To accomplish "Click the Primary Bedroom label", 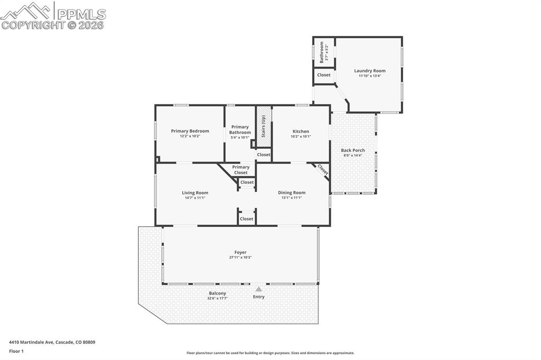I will coord(190,131).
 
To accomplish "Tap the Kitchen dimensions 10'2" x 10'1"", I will coord(301,137).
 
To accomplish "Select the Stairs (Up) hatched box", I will coord(264,127).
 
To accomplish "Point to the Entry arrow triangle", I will coord(258,289).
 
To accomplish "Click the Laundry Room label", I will coord(369,71).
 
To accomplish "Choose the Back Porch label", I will coord(352,150).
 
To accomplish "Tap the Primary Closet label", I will coord(241,170).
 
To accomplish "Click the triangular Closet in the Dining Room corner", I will coord(322,169).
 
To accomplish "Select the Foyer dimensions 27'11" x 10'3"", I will coord(240,258).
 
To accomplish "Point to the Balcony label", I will coord(217,293).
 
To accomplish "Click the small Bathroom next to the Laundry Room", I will coord(324,52).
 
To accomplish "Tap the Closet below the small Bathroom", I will coord(324,75).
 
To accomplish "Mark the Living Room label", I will coord(195,193).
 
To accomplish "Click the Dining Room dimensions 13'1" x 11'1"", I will coord(292,198).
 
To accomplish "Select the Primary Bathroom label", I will coord(240,130).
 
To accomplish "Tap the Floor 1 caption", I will coord(16,351).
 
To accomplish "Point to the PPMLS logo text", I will coord(81,14).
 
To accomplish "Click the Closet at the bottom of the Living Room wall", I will coord(247,219).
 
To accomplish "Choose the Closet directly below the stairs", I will coord(264,155).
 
